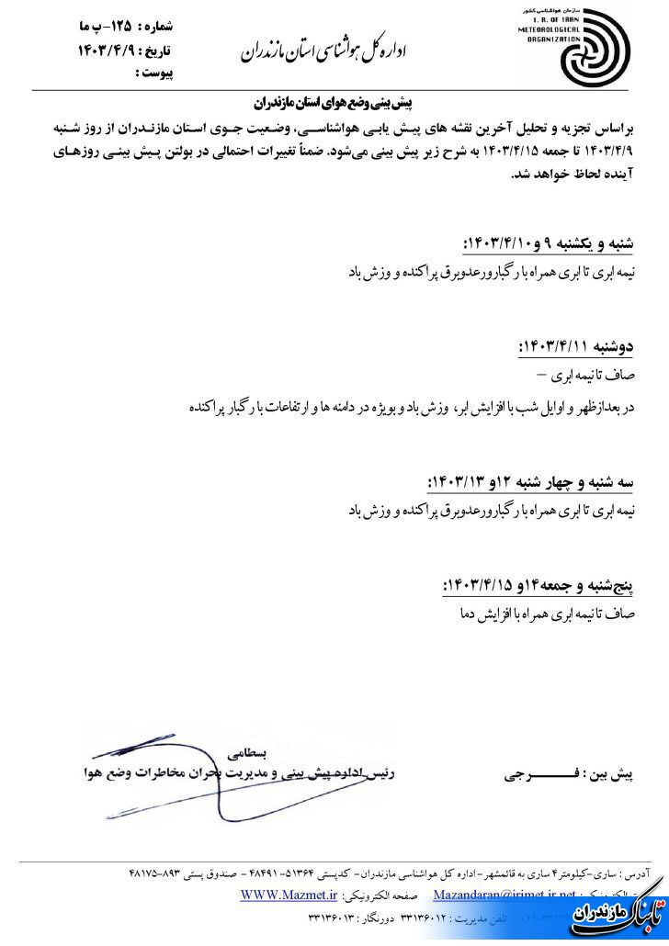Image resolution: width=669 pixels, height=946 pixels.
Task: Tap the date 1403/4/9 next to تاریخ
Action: click(x=108, y=51)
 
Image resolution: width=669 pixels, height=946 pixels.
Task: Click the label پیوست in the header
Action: click(x=155, y=71)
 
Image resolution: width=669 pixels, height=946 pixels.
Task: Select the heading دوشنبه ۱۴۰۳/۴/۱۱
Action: click(x=589, y=347)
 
